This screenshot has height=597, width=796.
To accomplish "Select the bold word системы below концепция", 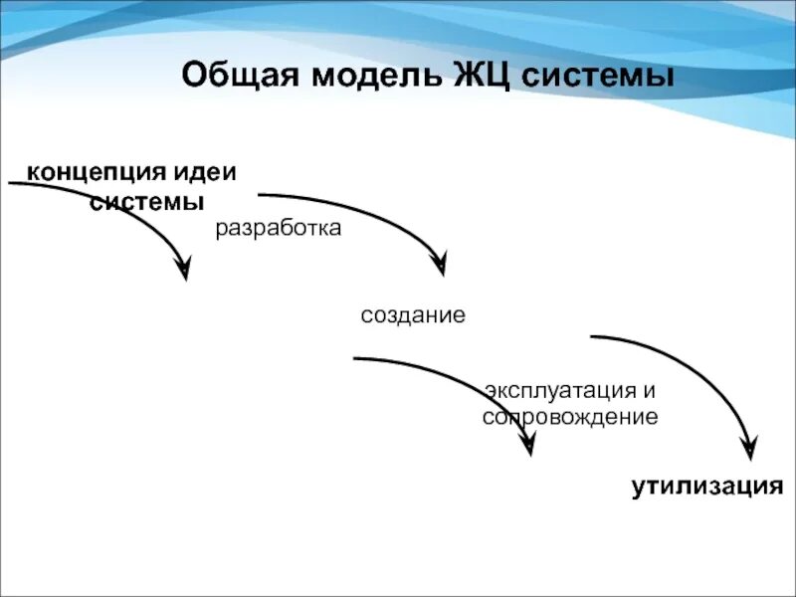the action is [x=147, y=201].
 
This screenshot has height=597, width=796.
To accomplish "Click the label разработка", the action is [x=279, y=229].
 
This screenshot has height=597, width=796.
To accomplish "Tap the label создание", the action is [x=413, y=316].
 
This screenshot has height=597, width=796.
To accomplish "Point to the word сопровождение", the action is [x=570, y=417].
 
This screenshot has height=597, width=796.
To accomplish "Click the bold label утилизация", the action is [x=707, y=487].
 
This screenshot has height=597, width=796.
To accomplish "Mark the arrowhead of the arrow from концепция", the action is [x=183, y=269].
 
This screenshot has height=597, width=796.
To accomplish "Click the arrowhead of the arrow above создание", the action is [x=439, y=264].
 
